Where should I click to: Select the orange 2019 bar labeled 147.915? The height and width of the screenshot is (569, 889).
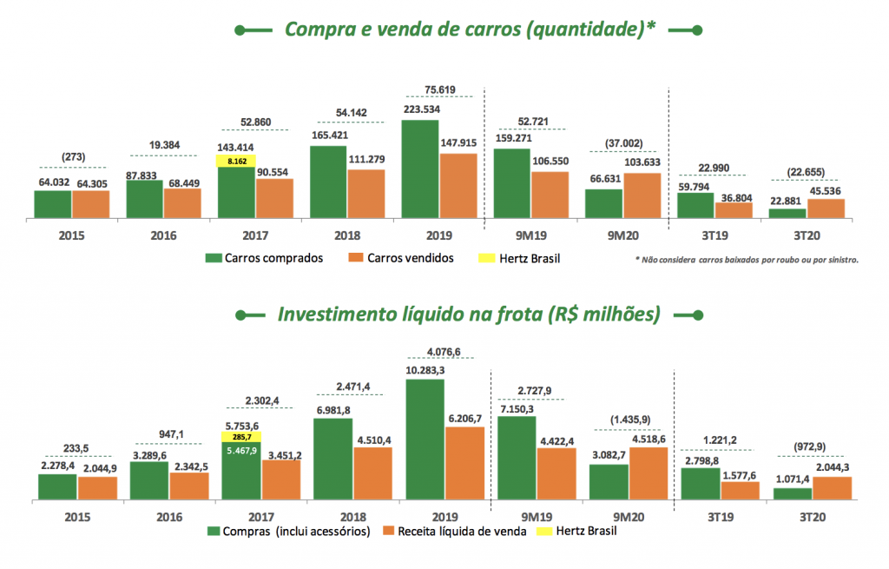pyautogui.click(x=458, y=186)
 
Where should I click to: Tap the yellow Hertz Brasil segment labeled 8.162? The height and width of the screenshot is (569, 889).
pyautogui.click(x=237, y=162)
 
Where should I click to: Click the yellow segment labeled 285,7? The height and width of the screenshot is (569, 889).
pyautogui.click(x=241, y=437)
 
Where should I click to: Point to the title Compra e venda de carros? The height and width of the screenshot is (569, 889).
pyautogui.click(x=470, y=30)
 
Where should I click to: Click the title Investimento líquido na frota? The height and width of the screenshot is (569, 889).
pyautogui.click(x=469, y=313)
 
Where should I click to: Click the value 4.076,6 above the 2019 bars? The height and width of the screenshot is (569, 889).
pyautogui.click(x=444, y=352)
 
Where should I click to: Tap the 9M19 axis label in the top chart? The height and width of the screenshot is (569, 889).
pyautogui.click(x=530, y=235)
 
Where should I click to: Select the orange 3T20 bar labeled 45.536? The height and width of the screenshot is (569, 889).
pyautogui.click(x=826, y=209)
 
